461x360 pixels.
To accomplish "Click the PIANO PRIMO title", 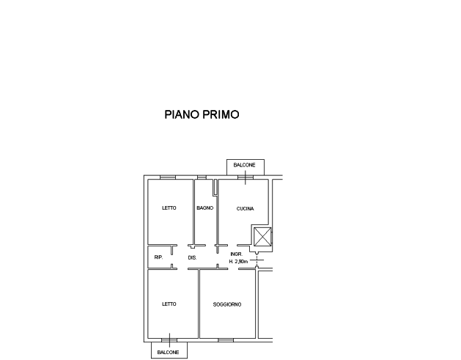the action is coord(202,114).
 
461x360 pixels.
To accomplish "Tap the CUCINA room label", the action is coord(246,208).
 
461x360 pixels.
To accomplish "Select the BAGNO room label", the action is coord(205,208).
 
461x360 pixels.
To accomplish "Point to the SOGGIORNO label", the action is coord(227,304).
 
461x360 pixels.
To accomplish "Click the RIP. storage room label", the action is coord(158,257).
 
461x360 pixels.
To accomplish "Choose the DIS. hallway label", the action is coord(192,257).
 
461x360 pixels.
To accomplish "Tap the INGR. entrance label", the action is coord(237,254).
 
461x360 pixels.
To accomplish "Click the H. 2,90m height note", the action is coord(238,261).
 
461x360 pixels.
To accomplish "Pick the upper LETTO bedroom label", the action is coord(169,208).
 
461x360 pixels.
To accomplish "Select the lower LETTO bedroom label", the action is coord(169,304).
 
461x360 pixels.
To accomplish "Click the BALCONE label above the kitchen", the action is coord(244,165).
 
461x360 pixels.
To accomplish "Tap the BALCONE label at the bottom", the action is coord(168,353).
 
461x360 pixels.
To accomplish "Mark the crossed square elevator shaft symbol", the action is coord(262,237).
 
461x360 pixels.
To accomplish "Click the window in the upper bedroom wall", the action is coord(168,177).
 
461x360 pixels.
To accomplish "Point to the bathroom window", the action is coord(202,177).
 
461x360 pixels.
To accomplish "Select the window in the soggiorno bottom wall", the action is coord(226,340).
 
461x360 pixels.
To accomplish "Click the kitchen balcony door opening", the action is coord(246,177).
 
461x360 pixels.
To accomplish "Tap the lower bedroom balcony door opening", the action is coord(169,340).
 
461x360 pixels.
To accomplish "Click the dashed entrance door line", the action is coord(257,260).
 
